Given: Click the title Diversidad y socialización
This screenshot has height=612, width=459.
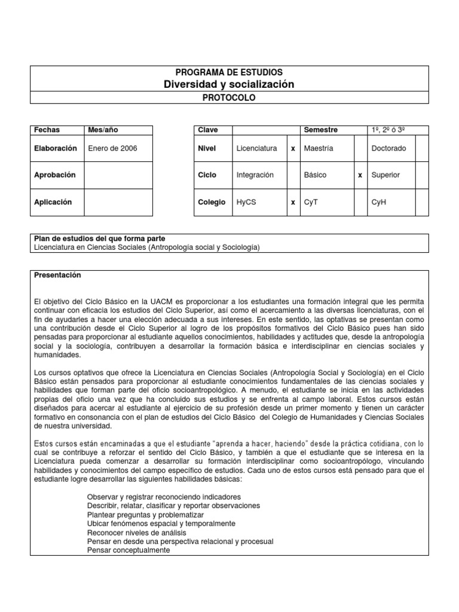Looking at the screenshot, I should tap(229, 84).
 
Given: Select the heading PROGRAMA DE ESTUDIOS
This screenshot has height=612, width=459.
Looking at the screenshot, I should tap(229, 72).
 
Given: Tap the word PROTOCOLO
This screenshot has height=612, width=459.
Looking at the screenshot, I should tap(229, 97).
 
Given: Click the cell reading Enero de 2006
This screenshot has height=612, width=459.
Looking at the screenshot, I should tap(112, 148).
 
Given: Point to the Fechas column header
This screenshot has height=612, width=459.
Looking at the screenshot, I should tap(47, 130).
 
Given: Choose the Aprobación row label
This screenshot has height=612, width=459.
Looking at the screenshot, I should tap(55, 175).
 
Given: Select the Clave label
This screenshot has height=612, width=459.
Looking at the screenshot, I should tap(208, 130).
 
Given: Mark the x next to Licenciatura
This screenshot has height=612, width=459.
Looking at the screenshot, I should tap(293, 148).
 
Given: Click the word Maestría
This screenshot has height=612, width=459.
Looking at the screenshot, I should tap(319, 148).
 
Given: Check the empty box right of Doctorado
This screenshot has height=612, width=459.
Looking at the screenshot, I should tap(421, 148).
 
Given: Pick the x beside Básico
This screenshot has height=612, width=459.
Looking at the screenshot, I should tap(360, 175).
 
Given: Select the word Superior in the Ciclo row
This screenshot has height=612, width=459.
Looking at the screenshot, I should tap(385, 175).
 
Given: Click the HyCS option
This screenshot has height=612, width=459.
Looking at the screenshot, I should tap(246, 202).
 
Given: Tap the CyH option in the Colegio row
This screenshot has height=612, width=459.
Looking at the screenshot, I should tap(380, 202).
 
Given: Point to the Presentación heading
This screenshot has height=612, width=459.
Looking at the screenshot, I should tap(57, 276).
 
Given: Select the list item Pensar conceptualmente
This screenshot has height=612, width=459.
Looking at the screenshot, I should tap(128, 550).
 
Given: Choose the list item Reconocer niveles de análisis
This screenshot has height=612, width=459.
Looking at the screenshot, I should tap(137, 533).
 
